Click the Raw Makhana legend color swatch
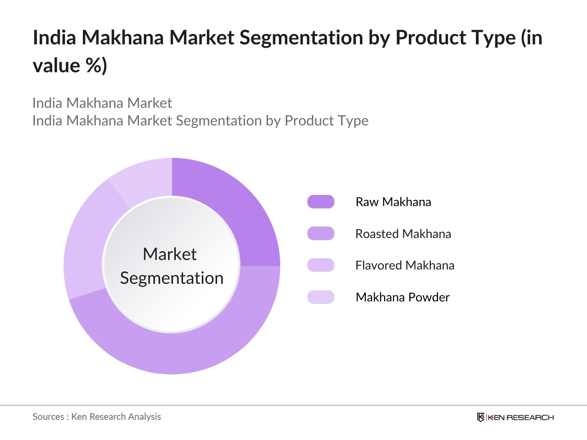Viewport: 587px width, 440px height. point(321,202)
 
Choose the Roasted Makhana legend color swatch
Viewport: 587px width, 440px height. point(321,234)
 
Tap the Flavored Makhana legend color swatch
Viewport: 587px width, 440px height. point(321,265)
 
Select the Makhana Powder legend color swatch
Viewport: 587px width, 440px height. point(321,297)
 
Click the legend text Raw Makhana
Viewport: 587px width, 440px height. point(393,202)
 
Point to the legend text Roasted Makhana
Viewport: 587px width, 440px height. point(403,234)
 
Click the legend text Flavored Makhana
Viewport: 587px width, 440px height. point(405,265)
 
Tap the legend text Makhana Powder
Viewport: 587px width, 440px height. point(402,297)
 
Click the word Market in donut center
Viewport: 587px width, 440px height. point(170,254)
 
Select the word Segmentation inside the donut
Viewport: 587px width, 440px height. point(172,278)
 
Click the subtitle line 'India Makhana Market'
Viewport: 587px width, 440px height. point(102,103)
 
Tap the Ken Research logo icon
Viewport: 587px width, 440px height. point(481,417)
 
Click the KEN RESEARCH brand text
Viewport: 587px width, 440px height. point(521,418)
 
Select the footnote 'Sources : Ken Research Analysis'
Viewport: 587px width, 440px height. point(97,417)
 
